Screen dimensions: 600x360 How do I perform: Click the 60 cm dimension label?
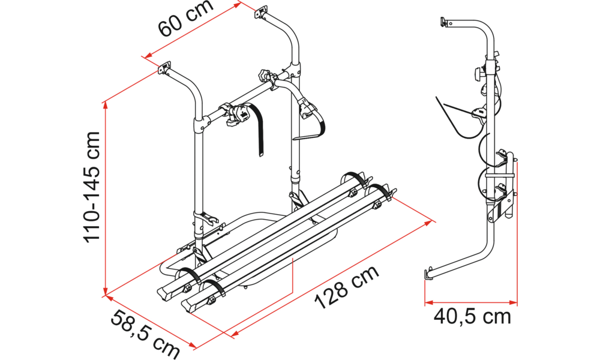[185, 19]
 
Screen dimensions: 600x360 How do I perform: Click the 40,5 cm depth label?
[472, 316]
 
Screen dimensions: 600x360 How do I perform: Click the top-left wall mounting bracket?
[164, 68]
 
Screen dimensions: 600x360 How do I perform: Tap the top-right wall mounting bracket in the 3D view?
[261, 11]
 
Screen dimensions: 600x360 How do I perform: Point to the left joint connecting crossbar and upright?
[201, 125]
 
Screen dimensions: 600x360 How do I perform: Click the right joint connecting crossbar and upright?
[294, 70]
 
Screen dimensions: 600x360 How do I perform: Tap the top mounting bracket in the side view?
[445, 22]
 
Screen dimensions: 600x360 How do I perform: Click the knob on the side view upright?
[479, 73]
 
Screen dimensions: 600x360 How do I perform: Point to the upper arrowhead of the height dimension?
[105, 105]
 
